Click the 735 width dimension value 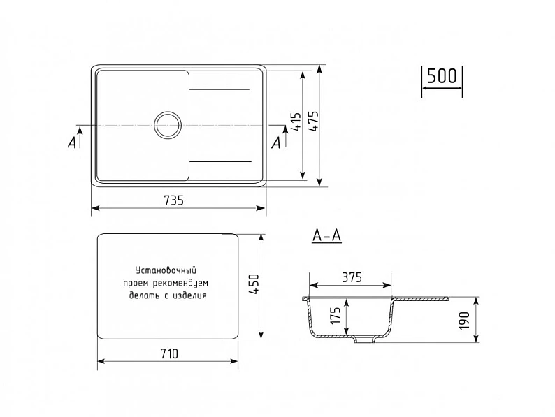pyautogui.click(x=174, y=200)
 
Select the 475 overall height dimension pyautogui.click(x=313, y=122)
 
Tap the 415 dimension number pyautogui.click(x=296, y=122)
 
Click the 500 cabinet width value pyautogui.click(x=442, y=75)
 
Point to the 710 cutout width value pyautogui.click(x=169, y=353)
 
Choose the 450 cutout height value pyautogui.click(x=254, y=285)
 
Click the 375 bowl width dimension pyautogui.click(x=352, y=277)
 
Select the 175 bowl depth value pyautogui.click(x=336, y=316)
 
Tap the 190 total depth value pyautogui.click(x=463, y=321)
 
